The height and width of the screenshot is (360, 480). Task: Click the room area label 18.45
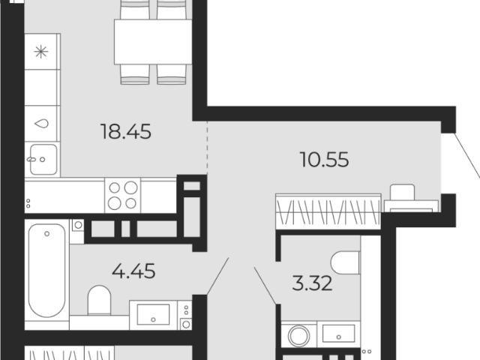click(125, 132)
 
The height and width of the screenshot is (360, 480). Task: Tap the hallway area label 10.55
click(325, 160)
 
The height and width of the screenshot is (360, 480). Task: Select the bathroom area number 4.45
click(133, 271)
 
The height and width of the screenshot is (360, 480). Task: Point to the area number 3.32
click(312, 283)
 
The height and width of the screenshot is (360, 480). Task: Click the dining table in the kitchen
click(153, 42)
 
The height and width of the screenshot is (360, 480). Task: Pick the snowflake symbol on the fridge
click(41, 52)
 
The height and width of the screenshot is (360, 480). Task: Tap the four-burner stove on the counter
click(123, 195)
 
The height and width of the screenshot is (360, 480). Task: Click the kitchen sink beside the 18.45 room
click(43, 160)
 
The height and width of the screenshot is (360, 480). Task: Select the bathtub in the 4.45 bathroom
click(46, 270)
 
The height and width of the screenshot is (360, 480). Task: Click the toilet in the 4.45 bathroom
click(99, 300)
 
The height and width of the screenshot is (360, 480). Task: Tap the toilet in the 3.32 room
click(345, 262)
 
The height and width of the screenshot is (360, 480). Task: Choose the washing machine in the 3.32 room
click(299, 334)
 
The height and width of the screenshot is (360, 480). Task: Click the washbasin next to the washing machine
click(338, 334)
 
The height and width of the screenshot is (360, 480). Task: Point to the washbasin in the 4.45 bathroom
click(153, 315)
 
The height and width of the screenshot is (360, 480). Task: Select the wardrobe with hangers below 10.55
click(328, 211)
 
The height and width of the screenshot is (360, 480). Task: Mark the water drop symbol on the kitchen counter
click(41, 123)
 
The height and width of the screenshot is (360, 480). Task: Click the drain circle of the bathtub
click(46, 234)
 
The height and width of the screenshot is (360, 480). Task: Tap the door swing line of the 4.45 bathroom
click(218, 276)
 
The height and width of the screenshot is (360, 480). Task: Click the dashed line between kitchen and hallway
click(207, 148)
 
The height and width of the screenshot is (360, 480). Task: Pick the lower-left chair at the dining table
click(135, 74)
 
